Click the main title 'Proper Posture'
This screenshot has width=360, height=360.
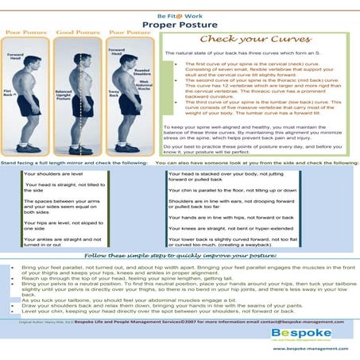pyautogui.click(x=180, y=25)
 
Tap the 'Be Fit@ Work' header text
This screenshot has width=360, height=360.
pyautogui.click(x=180, y=14)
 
